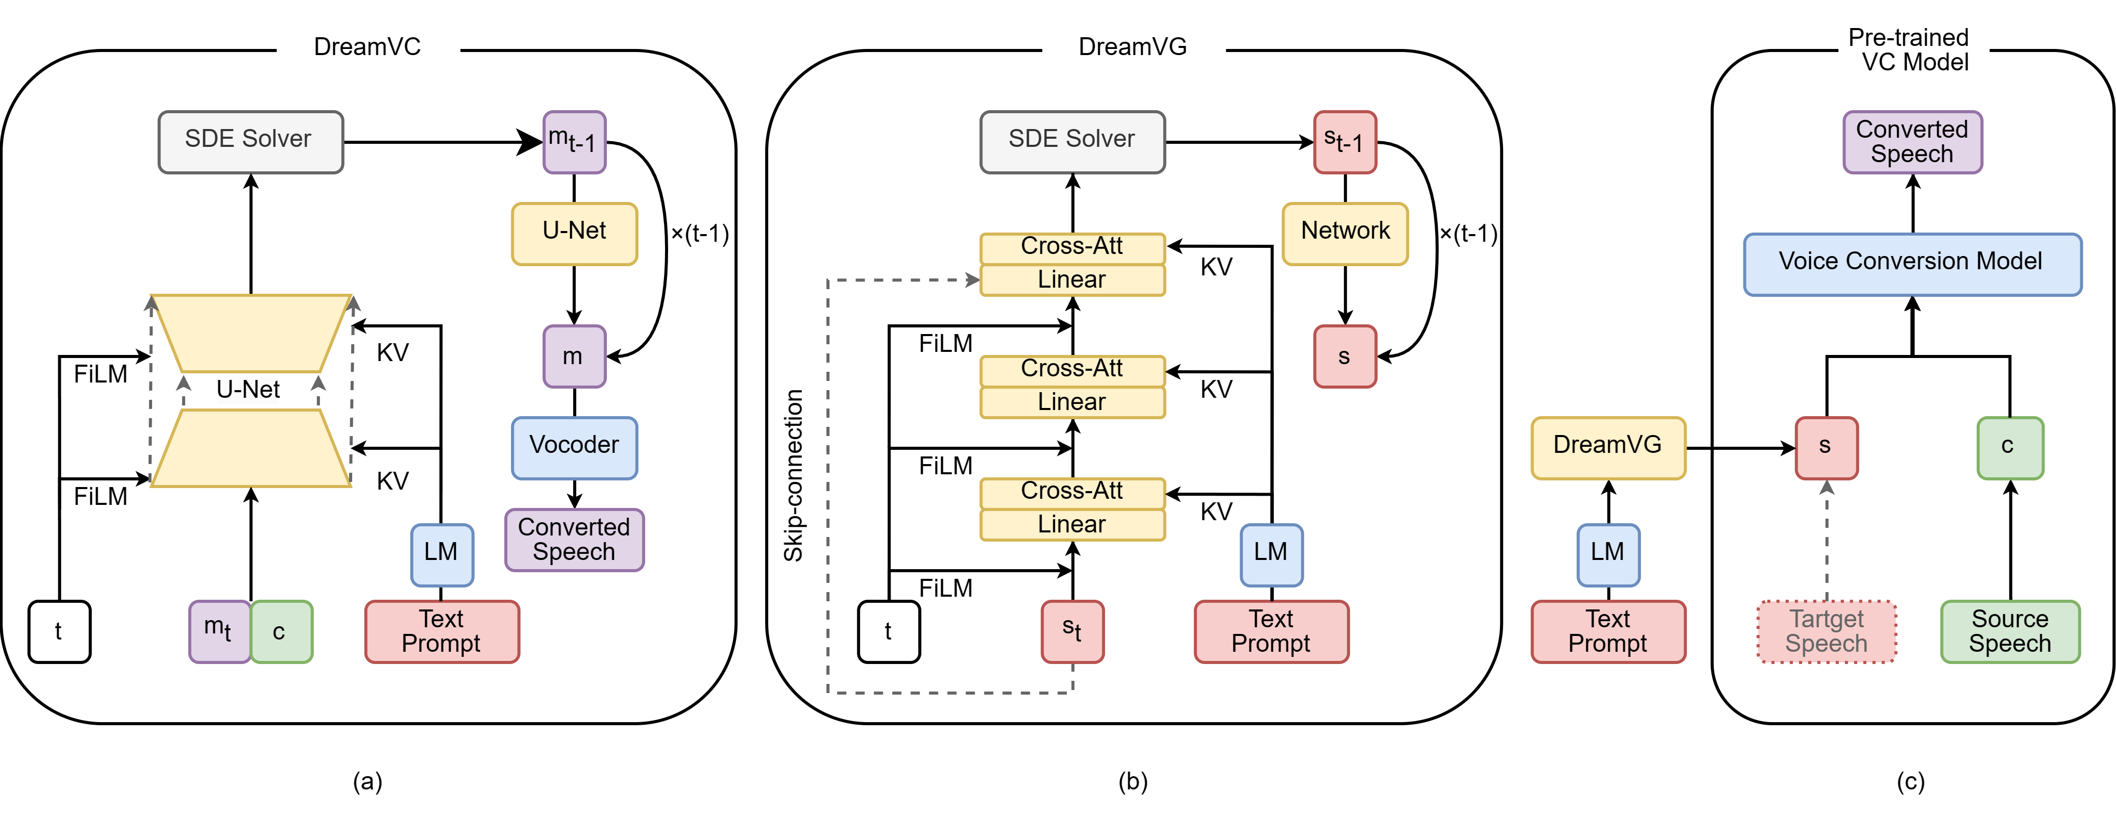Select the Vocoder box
pos(574,447)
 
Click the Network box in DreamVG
pos(1345,233)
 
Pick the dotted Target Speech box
pos(1826,631)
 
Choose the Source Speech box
pos(2009,631)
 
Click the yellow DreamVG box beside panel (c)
pos(1608,447)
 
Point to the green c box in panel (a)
pos(281,631)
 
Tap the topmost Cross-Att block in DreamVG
pos(1072,246)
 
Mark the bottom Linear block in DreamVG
pos(1072,525)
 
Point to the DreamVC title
pos(367,47)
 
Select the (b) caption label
pos(1133,781)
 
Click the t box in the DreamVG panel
pos(888,631)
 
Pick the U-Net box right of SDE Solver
pos(574,233)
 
